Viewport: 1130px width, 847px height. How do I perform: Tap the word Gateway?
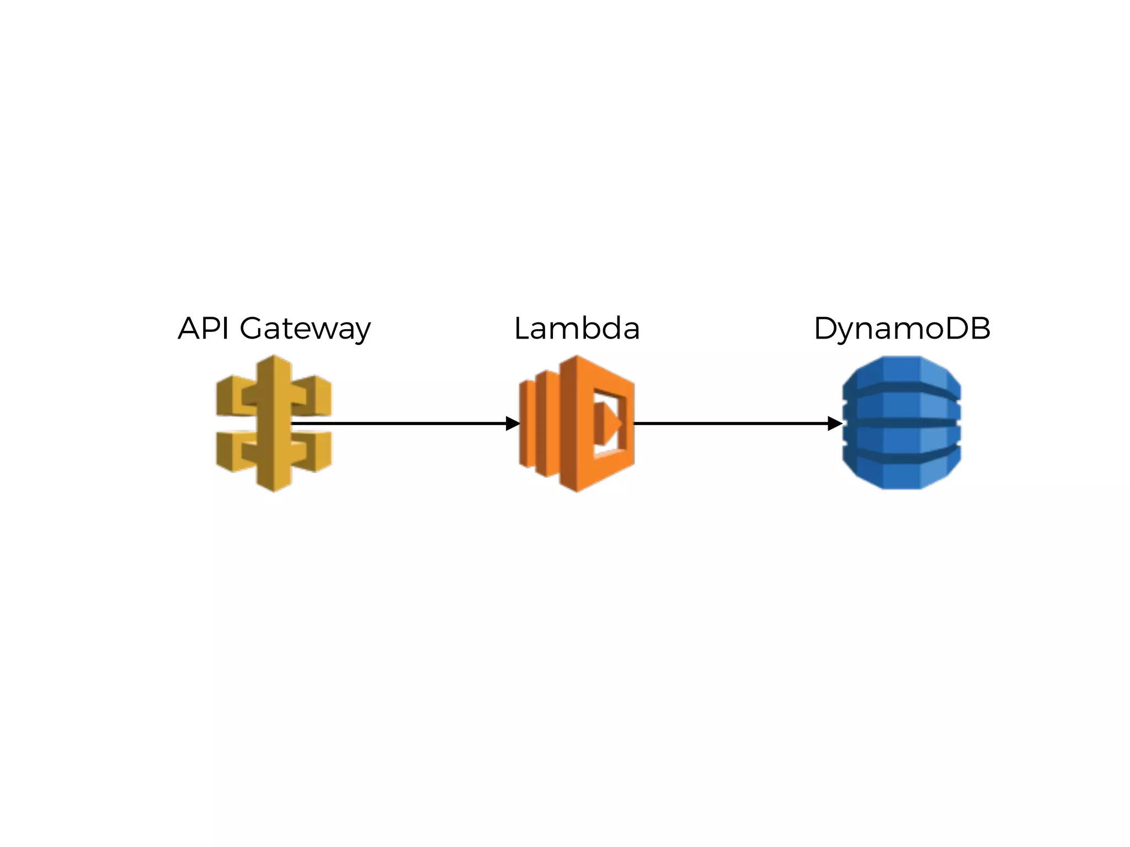pyautogui.click(x=305, y=330)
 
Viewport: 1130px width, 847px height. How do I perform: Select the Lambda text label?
pyautogui.click(x=577, y=329)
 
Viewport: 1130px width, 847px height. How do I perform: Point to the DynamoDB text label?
pyautogui.click(x=902, y=329)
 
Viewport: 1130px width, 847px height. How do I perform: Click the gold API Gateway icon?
pyautogui.click(x=274, y=423)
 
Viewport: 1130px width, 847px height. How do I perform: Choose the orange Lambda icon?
pyautogui.click(x=577, y=423)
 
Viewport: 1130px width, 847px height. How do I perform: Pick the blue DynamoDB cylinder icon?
pyautogui.click(x=902, y=423)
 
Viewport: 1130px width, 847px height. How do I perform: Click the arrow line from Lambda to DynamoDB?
pyautogui.click(x=728, y=423)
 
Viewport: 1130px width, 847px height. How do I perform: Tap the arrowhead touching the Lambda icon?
pyautogui.click(x=513, y=423)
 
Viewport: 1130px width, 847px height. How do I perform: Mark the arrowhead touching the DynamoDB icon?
pyautogui.click(x=834, y=423)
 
